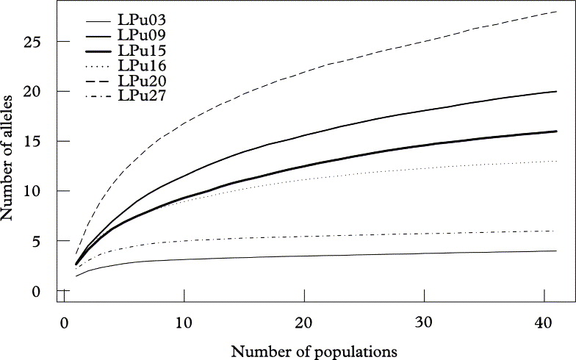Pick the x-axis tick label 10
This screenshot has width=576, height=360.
tap(184, 323)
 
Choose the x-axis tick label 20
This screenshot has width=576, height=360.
tap(303, 323)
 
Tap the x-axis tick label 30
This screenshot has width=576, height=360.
tap(423, 323)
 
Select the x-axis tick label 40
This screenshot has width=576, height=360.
tap(544, 323)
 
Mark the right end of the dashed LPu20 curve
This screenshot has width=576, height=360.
tap(556, 12)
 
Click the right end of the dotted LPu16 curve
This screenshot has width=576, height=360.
tap(556, 161)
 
